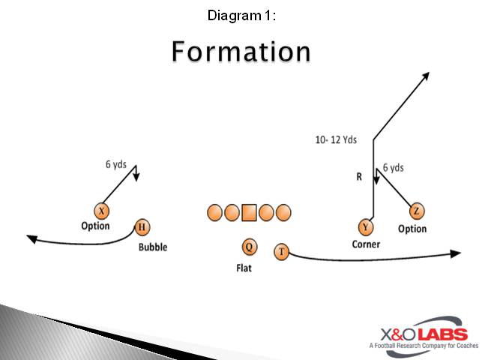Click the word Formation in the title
coord(241,51)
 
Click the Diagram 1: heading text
coord(241,15)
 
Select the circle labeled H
coord(142,227)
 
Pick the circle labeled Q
coord(249,247)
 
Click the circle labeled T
coord(281,252)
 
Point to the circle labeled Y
coord(365,226)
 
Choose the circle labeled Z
coord(417,211)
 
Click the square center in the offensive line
coord(249,213)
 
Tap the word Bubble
coord(152,247)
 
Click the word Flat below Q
coord(244,268)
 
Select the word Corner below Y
coord(366,244)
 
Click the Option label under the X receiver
coord(95,226)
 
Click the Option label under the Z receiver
coord(412,229)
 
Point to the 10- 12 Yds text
coord(336,139)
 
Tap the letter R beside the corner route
coord(359,178)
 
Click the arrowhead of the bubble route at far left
coord(31,238)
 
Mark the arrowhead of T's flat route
coord(456,253)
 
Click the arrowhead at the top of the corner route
coord(425,76)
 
